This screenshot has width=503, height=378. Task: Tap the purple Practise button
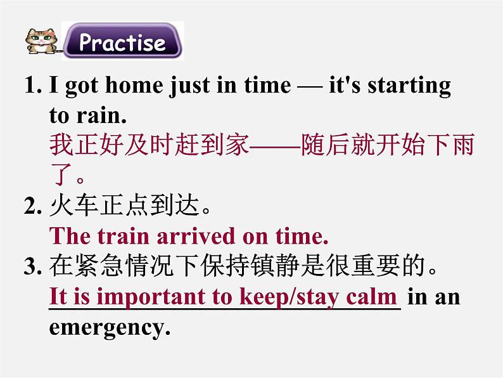pyautogui.click(x=122, y=41)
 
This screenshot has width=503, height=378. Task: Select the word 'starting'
pyautogui.click(x=409, y=86)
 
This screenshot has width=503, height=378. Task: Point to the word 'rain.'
pyautogui.click(x=102, y=115)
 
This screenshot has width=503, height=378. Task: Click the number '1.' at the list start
pyautogui.click(x=33, y=85)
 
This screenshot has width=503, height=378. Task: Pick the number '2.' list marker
pyautogui.click(x=33, y=206)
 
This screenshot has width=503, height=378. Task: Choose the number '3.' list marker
pyautogui.click(x=33, y=266)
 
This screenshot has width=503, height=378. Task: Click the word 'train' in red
pyautogui.click(x=124, y=237)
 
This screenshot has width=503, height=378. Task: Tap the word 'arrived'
pyautogui.click(x=196, y=237)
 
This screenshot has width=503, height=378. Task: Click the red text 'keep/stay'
pyautogui.click(x=289, y=297)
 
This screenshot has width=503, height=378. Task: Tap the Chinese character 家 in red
pyautogui.click(x=237, y=144)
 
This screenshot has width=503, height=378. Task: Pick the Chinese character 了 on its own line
pyautogui.click(x=62, y=174)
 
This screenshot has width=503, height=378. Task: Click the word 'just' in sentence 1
pyautogui.click(x=189, y=86)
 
